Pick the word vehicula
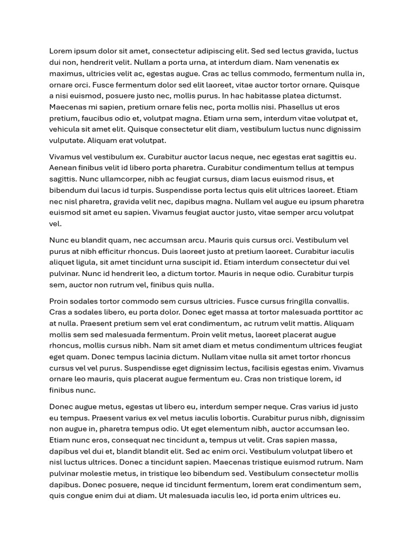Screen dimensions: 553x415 [66, 129]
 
